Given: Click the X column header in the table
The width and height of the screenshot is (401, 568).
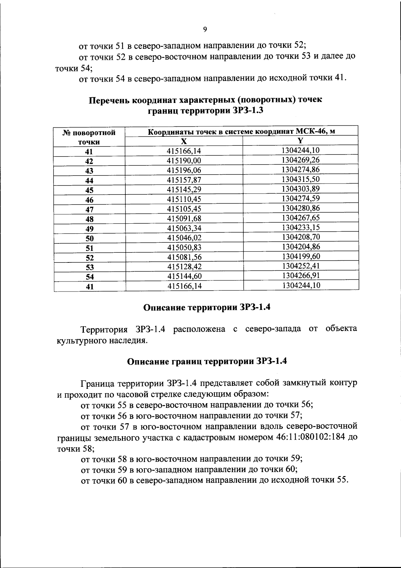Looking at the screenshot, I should (184, 141).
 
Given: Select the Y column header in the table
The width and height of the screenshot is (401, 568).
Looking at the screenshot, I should (300, 140).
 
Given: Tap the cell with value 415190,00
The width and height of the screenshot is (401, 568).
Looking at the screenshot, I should (184, 161).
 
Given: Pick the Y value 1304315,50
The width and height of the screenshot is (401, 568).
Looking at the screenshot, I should (301, 179).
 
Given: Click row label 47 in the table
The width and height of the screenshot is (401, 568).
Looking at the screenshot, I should (89, 210).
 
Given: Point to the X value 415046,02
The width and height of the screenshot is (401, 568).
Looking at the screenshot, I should (184, 238).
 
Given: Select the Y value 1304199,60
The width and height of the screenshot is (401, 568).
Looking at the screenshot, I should (301, 256).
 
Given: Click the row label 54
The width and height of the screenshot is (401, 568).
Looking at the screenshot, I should (89, 277).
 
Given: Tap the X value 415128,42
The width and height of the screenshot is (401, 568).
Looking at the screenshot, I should (184, 267).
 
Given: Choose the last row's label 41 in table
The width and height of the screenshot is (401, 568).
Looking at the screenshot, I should (89, 287).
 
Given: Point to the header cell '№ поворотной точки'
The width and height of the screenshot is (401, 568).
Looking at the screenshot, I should (89, 137).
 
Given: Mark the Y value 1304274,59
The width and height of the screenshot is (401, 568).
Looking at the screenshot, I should (301, 199).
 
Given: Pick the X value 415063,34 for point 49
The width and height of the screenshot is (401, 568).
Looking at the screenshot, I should (184, 228).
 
